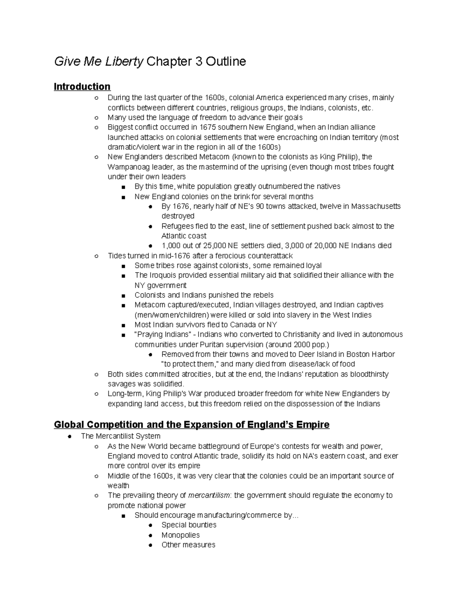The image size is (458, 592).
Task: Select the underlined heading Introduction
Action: [x=82, y=87]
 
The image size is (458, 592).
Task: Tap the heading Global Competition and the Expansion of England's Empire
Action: [x=192, y=424]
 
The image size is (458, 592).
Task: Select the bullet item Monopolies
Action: [x=181, y=535]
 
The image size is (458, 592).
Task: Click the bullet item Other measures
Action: [x=188, y=545]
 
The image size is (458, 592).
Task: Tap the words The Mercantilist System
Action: [x=120, y=436]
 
